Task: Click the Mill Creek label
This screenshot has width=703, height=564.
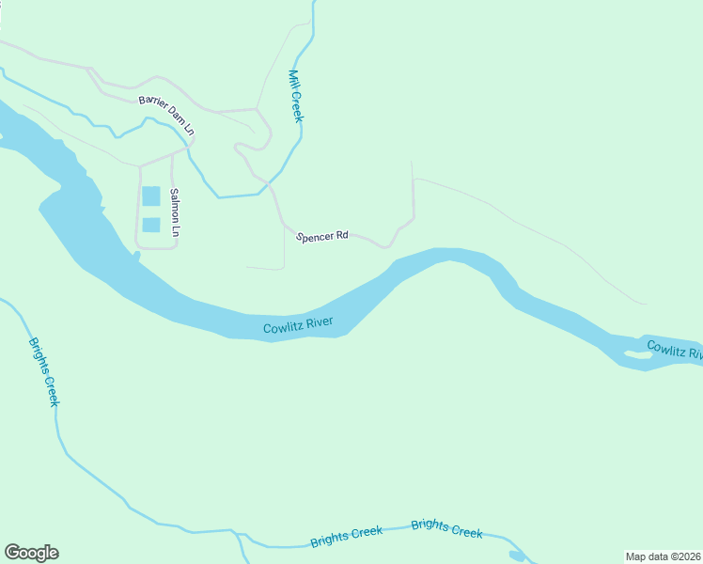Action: click(x=296, y=96)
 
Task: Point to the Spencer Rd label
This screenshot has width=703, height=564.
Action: click(x=322, y=237)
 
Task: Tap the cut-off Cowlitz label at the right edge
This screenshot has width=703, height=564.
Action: click(x=674, y=350)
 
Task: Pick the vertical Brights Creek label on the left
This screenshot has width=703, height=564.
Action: click(x=43, y=371)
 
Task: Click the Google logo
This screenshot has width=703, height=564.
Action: click(x=31, y=553)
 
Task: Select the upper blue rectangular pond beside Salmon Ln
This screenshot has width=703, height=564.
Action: click(x=150, y=196)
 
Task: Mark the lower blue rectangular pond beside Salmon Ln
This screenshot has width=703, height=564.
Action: click(x=150, y=225)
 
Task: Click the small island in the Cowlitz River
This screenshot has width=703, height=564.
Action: click(x=636, y=354)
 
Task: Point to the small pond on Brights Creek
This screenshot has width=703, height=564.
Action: click(x=516, y=556)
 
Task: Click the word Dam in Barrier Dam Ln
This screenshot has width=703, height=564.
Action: click(x=175, y=117)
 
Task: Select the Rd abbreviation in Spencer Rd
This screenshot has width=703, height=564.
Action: click(x=341, y=236)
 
